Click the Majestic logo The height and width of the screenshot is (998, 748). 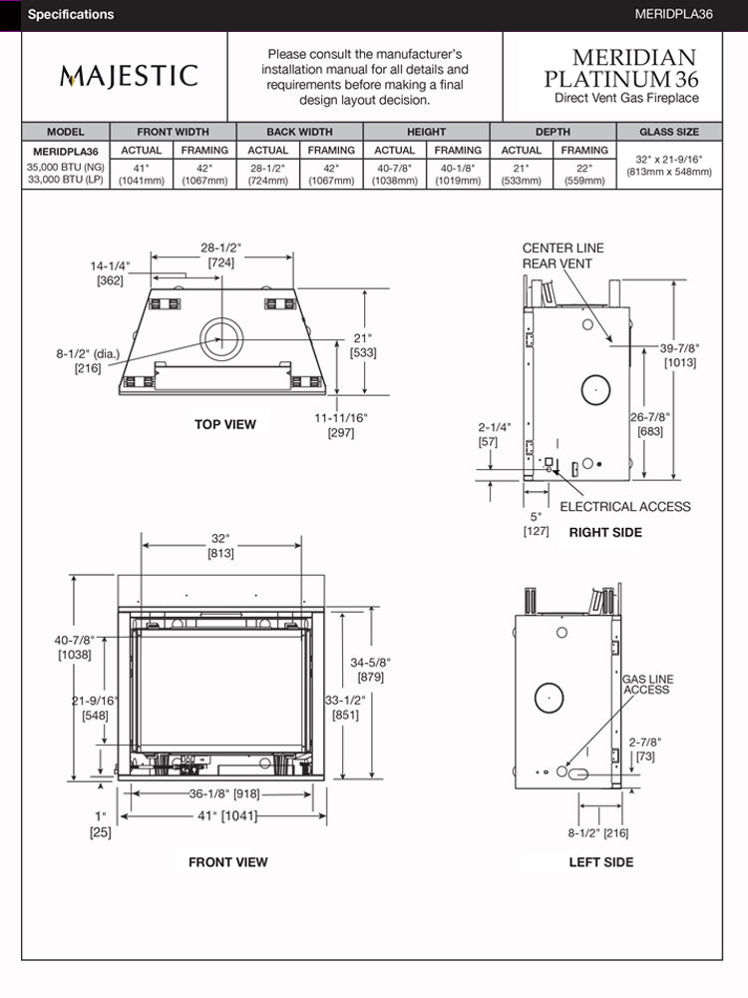pyautogui.click(x=129, y=76)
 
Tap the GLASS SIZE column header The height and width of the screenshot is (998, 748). pyautogui.click(x=669, y=132)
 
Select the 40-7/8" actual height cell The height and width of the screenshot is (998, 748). pyautogui.click(x=395, y=174)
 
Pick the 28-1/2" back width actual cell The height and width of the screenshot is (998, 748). pyautogui.click(x=267, y=174)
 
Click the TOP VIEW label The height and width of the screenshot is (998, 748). pyautogui.click(x=224, y=424)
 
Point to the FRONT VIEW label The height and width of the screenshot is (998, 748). pyautogui.click(x=227, y=862)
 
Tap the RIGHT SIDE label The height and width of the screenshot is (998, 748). pyautogui.click(x=605, y=532)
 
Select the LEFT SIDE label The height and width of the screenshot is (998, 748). pyautogui.click(x=600, y=862)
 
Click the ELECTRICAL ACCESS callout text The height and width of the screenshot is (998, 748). pyautogui.click(x=624, y=506)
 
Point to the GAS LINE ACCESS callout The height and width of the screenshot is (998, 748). pyautogui.click(x=647, y=684)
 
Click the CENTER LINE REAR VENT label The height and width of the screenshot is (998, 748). pyautogui.click(x=563, y=255)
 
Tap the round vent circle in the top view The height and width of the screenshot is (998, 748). pyautogui.click(x=220, y=338)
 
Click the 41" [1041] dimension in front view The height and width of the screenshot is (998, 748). pyautogui.click(x=225, y=815)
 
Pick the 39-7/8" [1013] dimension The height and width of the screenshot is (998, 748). pyautogui.click(x=679, y=355)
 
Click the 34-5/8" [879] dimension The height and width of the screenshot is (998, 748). pyautogui.click(x=369, y=669)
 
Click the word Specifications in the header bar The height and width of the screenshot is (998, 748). pyautogui.click(x=71, y=15)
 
